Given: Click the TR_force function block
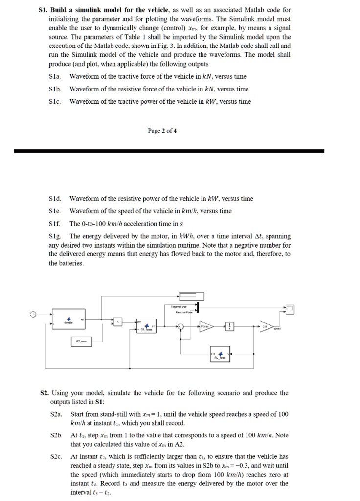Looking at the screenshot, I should (x=146, y=327).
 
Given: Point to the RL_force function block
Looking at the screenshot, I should (x=220, y=354).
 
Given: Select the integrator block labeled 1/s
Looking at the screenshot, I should (x=230, y=327).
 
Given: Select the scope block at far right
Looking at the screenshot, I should (x=291, y=308).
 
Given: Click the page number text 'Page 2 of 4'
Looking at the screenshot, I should (x=162, y=131).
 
